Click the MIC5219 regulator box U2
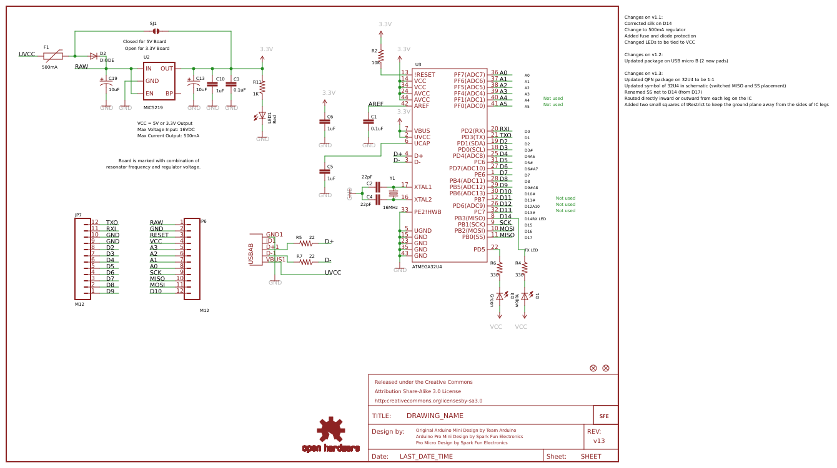click(159, 80)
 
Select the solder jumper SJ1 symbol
click(156, 31)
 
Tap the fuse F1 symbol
click(53, 56)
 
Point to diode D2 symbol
click(94, 56)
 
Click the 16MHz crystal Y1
click(393, 193)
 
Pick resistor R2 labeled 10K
click(381, 56)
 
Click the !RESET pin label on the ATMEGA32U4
click(425, 74)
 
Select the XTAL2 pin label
click(423, 199)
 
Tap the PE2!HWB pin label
click(428, 212)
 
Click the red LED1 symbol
click(262, 115)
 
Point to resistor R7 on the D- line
click(305, 261)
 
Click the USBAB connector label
click(251, 254)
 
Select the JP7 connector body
click(82, 258)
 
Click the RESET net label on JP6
click(159, 235)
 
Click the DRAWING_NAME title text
click(435, 416)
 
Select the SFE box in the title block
click(605, 416)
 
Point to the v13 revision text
click(598, 441)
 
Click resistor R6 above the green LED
click(499, 268)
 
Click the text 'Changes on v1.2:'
click(643, 55)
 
